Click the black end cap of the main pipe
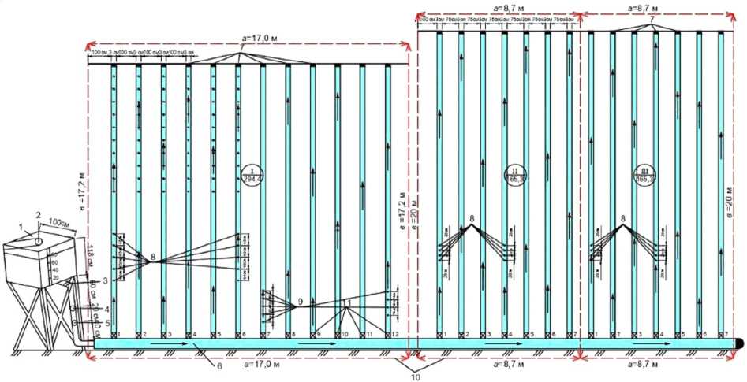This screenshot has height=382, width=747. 741,343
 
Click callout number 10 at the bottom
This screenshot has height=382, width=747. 416,376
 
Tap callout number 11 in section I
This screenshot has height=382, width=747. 347,302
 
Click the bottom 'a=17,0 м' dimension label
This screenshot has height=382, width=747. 247,365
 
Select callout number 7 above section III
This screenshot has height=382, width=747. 652,17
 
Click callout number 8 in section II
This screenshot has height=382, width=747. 472,218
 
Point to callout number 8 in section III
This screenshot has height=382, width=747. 623,218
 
